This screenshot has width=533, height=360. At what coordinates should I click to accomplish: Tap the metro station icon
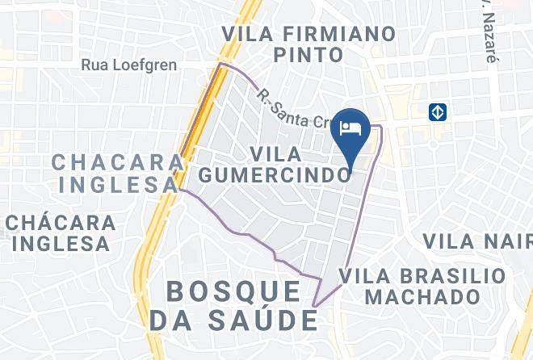click(438, 112)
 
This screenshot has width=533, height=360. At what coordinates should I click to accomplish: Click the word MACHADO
click(422, 296)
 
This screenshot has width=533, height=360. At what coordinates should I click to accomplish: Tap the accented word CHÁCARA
click(61, 222)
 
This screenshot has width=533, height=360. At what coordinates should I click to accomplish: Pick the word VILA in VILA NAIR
click(448, 241)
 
